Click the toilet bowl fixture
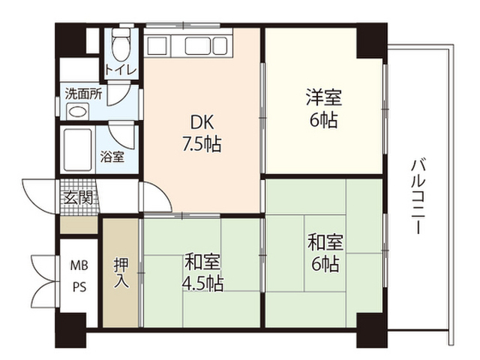pyautogui.click(x=121, y=45)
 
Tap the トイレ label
pyautogui.click(x=121, y=70)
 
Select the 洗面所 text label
pyautogui.click(x=83, y=94)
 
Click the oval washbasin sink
pyautogui.click(x=78, y=111)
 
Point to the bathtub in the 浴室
pyautogui.click(x=77, y=150)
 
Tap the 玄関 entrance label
pyautogui.click(x=79, y=197)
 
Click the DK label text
pyautogui.click(x=202, y=122)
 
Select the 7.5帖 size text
pyautogui.click(x=202, y=144)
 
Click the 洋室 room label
pyautogui.click(x=324, y=97)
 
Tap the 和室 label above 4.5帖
pyautogui.click(x=202, y=262)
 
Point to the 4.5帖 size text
pyautogui.click(x=202, y=283)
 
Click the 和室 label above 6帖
pyautogui.click(x=325, y=242)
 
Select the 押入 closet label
pyautogui.click(x=121, y=273)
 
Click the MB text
pyautogui.click(x=79, y=265)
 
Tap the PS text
pyautogui.click(x=79, y=286)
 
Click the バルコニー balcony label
pyautogui.click(x=418, y=196)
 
